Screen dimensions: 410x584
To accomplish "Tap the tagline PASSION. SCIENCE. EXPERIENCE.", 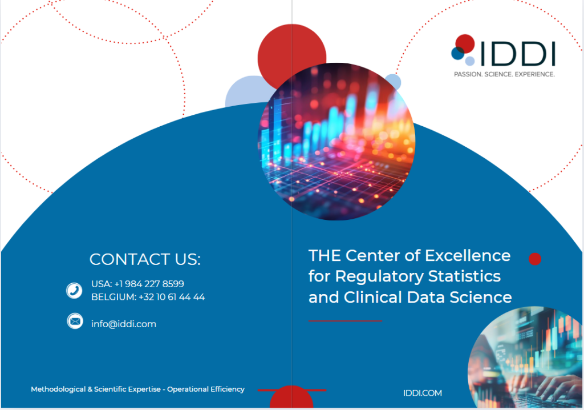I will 504,74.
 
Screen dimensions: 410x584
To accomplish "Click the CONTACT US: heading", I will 145,259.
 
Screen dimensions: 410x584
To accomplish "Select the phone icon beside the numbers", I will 74,291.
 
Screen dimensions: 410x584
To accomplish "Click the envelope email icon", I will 74,321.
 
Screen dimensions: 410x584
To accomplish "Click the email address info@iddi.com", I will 124,324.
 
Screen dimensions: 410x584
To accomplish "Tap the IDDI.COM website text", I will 422,393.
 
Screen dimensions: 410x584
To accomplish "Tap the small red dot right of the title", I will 535,259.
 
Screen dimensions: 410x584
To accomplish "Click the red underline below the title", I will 345,321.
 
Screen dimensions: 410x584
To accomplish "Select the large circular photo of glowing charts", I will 336,142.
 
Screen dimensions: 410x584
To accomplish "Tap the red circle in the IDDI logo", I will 465,43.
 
